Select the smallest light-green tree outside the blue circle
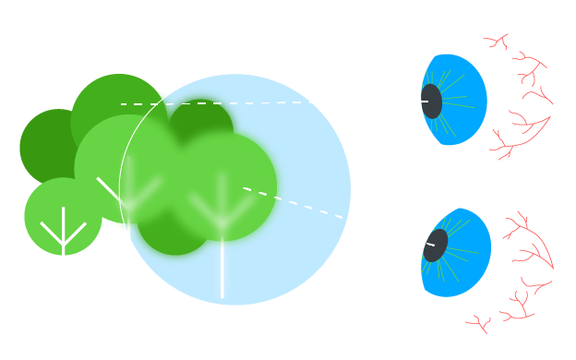tap(63, 217)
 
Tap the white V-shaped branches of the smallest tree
tap(63, 231)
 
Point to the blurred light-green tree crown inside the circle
tap(226, 180)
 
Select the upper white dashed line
tap(212, 103)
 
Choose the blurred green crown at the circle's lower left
tap(171, 235)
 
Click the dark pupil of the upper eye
tap(432, 102)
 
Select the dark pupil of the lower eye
tap(436, 246)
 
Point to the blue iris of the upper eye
tap(462, 102)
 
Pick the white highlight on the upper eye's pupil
tap(425, 101)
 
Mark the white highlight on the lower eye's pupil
tap(430, 245)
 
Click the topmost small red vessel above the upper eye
tap(498, 42)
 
